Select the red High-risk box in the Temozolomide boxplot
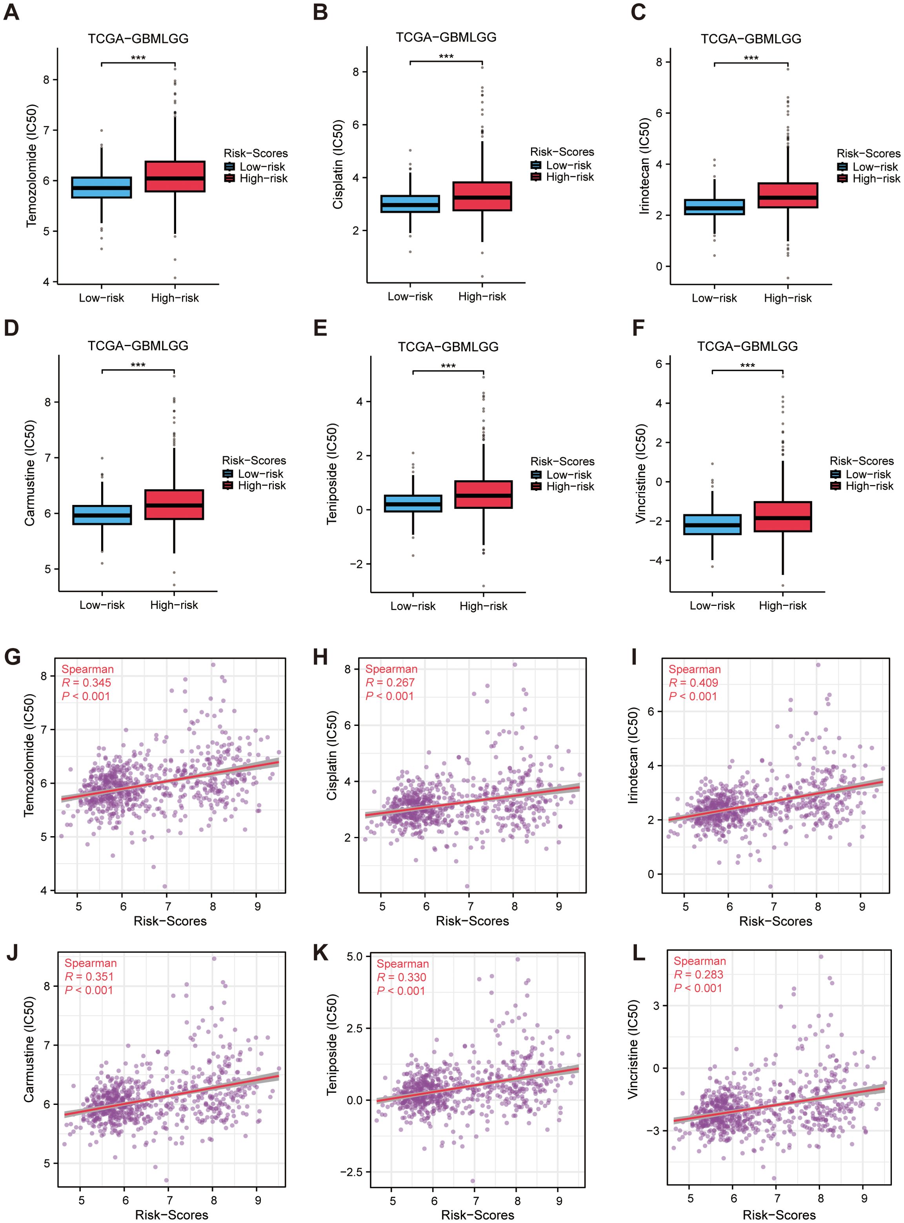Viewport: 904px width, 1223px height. coord(175,176)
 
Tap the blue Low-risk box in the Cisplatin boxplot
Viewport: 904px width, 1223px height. coord(410,204)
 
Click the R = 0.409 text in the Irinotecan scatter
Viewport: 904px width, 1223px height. coord(693,683)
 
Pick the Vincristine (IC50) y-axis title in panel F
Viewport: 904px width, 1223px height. coord(640,474)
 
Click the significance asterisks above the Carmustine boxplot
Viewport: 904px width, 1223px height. coord(138,365)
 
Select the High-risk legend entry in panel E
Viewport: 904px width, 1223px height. coord(569,486)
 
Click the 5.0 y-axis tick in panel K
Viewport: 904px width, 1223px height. coord(355,957)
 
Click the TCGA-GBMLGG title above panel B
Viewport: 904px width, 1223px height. coord(446,37)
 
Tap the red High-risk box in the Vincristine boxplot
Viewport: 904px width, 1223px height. coord(782,516)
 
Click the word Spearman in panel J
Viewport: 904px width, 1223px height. coord(90,963)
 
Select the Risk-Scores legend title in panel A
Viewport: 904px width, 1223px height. coord(256,153)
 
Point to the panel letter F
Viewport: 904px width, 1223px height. coord(638,328)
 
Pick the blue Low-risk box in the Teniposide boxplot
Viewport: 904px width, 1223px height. coord(413,503)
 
